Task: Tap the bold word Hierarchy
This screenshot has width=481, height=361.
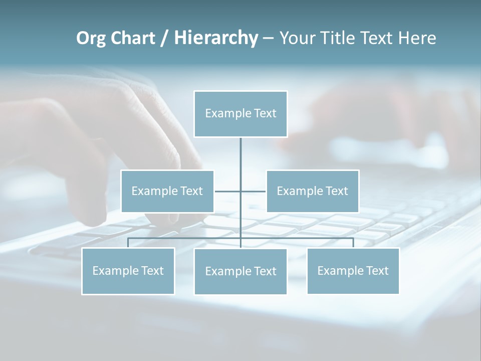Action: [x=215, y=38]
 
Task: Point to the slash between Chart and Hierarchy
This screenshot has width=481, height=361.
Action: [x=164, y=38]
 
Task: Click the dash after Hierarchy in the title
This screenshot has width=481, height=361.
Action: [x=268, y=38]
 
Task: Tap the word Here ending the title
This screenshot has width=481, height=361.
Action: [x=417, y=38]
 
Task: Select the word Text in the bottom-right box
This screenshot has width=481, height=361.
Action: [x=377, y=271]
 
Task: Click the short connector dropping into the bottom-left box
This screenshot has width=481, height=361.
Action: [x=128, y=243]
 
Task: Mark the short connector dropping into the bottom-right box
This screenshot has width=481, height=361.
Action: [x=353, y=243]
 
